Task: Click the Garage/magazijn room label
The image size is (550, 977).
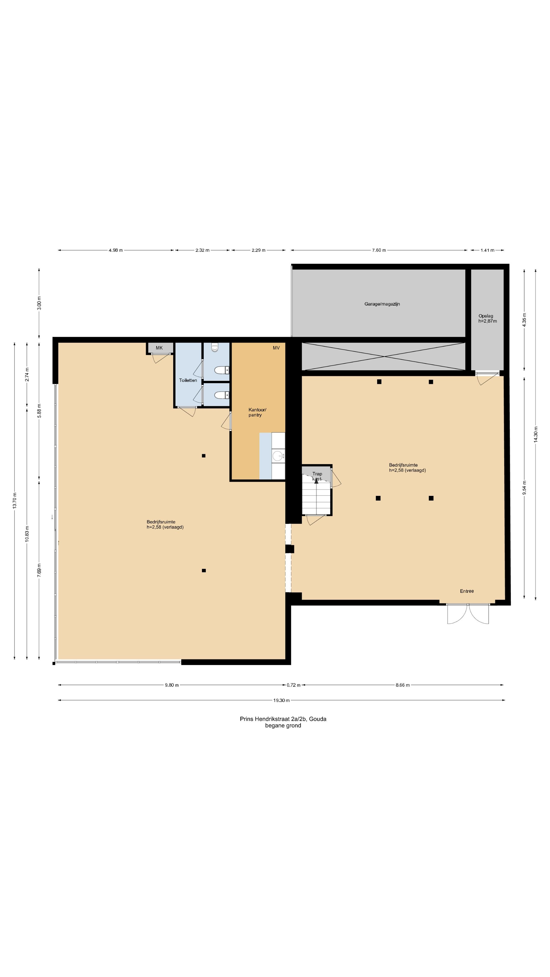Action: [x=382, y=304]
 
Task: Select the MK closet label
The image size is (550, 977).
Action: [x=159, y=348]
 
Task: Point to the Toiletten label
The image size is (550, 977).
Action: [x=188, y=380]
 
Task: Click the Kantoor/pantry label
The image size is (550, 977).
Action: [x=257, y=412]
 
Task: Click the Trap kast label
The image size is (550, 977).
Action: [x=317, y=476]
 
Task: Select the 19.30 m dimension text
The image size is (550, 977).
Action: [x=281, y=700]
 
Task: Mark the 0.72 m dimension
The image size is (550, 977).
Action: [x=293, y=685]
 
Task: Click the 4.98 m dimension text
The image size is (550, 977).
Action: [x=115, y=250]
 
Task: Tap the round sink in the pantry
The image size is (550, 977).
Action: [x=278, y=455]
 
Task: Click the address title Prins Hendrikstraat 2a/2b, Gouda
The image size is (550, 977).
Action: [x=283, y=719]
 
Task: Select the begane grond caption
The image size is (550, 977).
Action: [x=283, y=726]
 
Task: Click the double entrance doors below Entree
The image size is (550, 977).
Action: [x=468, y=613]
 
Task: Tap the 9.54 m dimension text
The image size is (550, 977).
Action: [x=524, y=488]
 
